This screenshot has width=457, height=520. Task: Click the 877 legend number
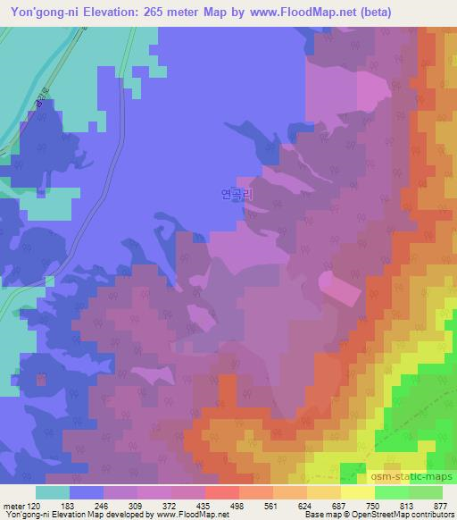pos(440,505)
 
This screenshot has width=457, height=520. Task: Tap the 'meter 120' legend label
pos(23,505)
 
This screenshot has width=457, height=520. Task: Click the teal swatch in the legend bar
pos(53,491)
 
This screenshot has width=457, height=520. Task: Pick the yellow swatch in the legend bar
pos(358,491)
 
